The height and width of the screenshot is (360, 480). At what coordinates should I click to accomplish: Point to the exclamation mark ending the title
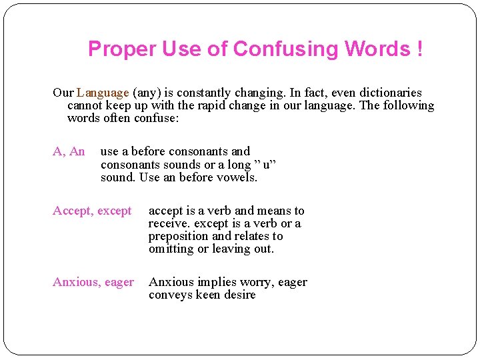419,49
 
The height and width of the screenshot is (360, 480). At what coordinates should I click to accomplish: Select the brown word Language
103,93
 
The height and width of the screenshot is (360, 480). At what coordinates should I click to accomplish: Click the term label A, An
69,151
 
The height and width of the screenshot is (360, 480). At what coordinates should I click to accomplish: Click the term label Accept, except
92,211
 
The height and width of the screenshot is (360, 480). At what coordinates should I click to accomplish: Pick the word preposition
179,237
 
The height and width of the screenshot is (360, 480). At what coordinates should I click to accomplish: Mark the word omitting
171,249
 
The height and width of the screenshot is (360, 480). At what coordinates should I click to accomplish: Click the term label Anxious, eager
93,283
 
